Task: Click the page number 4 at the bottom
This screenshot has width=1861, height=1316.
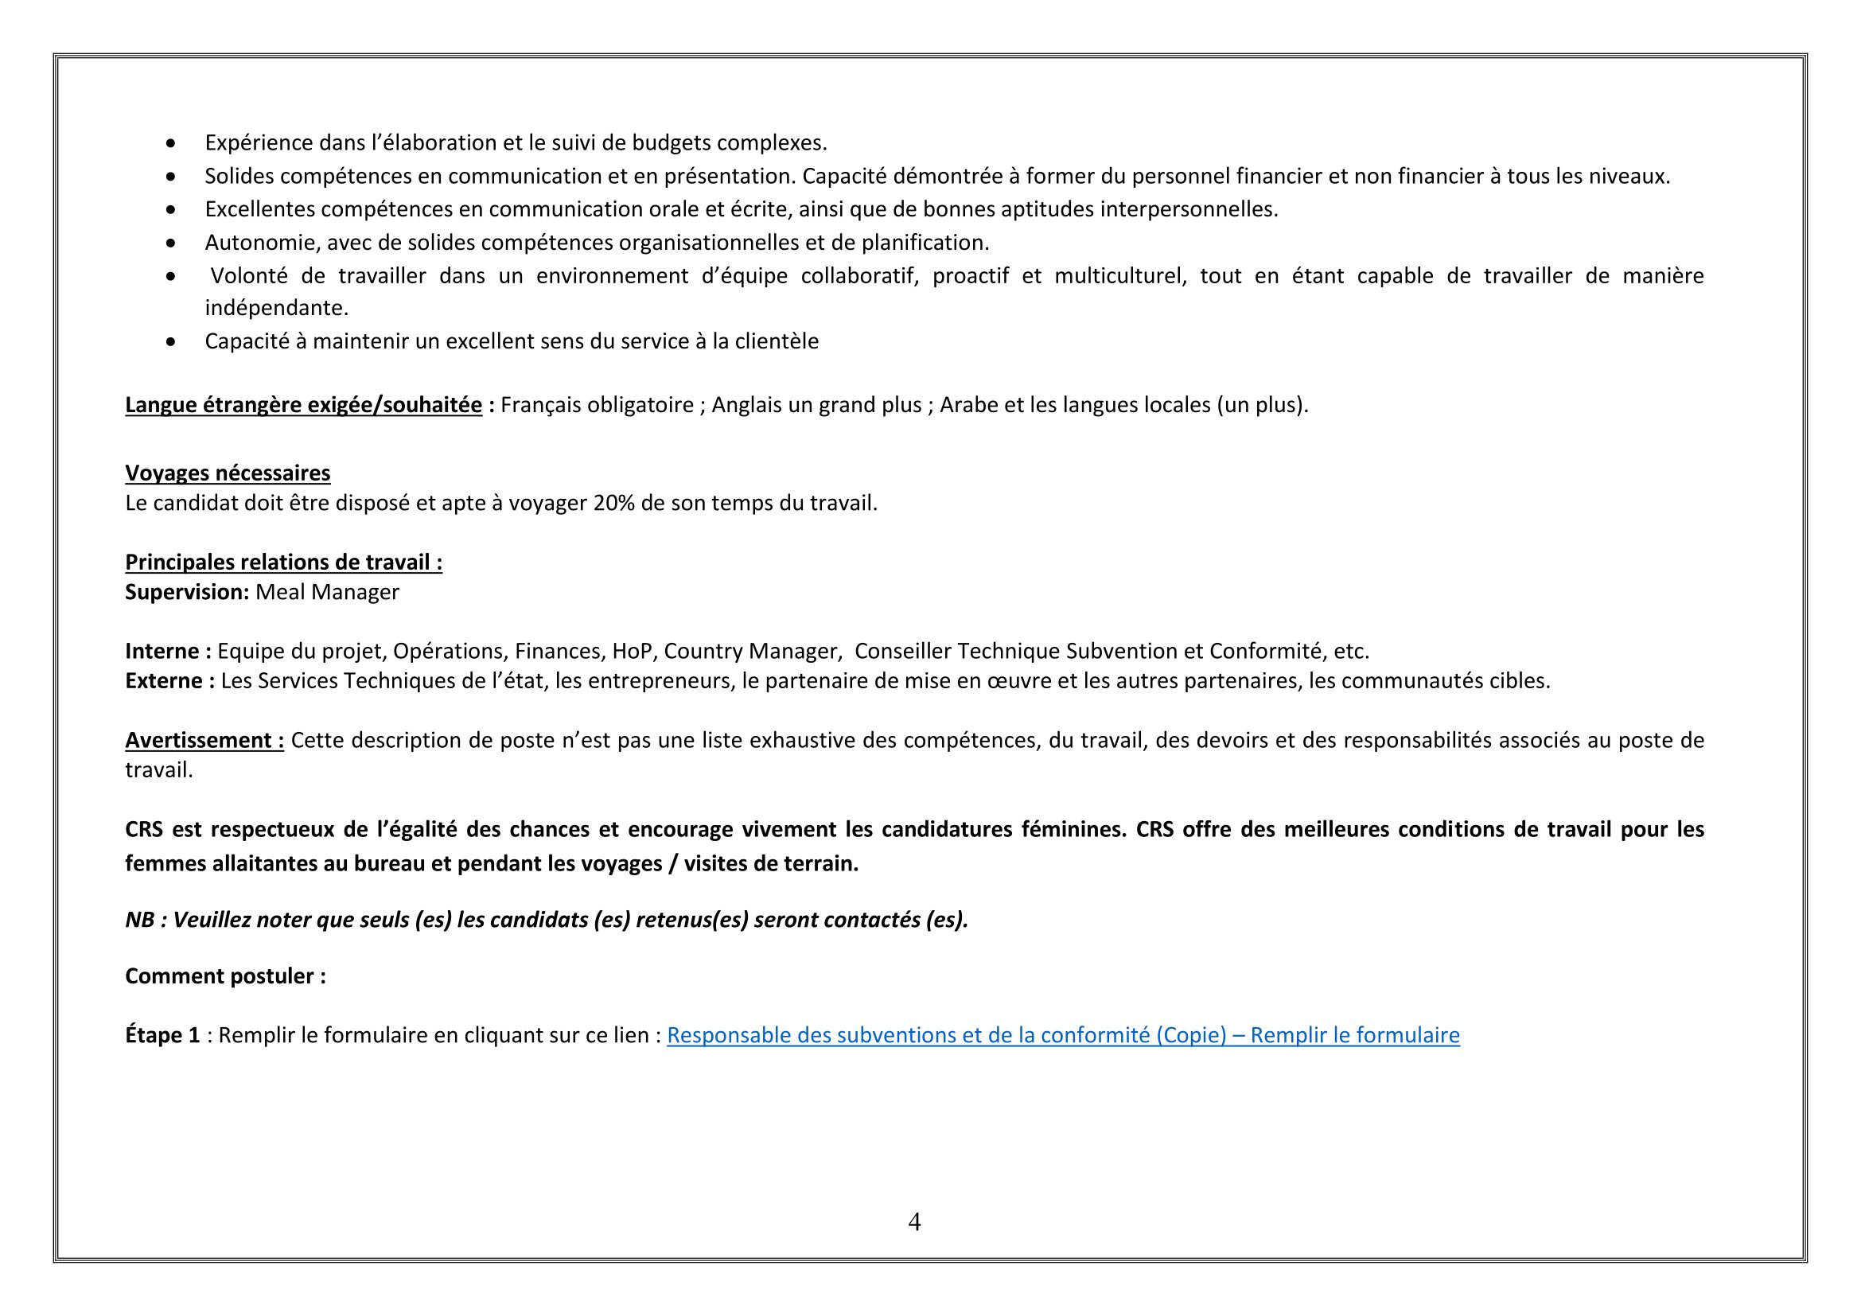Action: [914, 1221]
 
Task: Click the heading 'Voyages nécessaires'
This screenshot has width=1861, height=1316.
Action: [228, 473]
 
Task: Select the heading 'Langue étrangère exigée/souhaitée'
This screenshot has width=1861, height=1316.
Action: [303, 405]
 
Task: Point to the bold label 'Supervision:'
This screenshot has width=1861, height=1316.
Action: [186, 593]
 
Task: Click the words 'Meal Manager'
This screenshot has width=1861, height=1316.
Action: [328, 593]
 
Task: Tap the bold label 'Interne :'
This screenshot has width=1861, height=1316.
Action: [168, 652]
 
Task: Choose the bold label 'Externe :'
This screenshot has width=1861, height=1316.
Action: [169, 681]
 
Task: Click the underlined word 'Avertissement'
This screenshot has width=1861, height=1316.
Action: [199, 741]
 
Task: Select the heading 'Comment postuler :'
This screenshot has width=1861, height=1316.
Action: [225, 976]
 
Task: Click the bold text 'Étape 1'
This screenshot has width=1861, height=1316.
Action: [162, 1036]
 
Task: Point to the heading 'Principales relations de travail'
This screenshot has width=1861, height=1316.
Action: [278, 563]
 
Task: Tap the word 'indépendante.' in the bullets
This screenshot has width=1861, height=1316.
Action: [276, 308]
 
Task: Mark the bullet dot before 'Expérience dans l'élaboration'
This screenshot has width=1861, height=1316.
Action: [170, 143]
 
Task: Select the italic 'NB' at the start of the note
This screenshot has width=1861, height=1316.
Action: [139, 921]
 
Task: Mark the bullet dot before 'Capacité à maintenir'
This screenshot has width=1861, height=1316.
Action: [170, 342]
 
